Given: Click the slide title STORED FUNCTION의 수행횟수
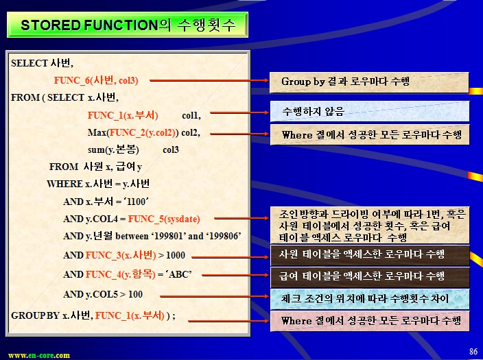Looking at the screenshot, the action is coord(128,25).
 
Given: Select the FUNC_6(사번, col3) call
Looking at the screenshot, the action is coord(96,80).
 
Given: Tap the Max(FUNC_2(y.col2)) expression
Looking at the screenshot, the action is coord(133,133).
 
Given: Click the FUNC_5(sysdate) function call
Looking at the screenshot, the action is coord(164,219).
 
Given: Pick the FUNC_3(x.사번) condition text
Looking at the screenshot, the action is coord(121,255).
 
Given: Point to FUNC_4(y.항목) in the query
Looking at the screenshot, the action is coord(121,274).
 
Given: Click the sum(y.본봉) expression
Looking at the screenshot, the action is coord(113,149).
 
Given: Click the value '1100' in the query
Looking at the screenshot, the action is coord(136,202).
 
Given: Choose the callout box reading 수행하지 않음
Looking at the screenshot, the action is coord(370,112).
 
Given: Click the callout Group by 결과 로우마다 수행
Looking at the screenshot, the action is coord(369,82).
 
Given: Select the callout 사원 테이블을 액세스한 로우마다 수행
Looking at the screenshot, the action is coord(370,255).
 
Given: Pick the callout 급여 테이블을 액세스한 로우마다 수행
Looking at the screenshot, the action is coord(370,277).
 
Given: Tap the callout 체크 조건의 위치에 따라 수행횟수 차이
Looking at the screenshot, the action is coord(370,299).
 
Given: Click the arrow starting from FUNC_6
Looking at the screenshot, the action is coord(209,80).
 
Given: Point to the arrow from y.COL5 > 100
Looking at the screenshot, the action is coord(215,296).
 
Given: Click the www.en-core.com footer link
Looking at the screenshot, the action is coord(39,355).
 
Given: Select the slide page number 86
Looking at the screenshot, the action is coord(473,351).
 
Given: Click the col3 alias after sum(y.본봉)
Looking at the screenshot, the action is coord(171,149).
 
